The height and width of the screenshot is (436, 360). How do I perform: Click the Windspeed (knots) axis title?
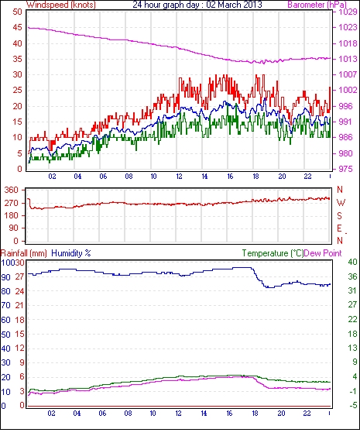pyautogui.click(x=61, y=5)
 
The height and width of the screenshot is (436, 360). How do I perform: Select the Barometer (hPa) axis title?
pyautogui.click(x=317, y=5)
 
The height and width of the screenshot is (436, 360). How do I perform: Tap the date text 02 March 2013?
pyautogui.click(x=234, y=5)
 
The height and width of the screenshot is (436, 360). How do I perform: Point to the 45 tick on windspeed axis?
pyautogui.click(x=17, y=28)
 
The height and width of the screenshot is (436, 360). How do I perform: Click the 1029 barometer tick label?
pyautogui.click(x=348, y=12)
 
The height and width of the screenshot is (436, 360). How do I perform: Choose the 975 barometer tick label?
pyautogui.click(x=345, y=169)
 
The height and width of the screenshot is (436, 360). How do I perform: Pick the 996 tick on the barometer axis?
pyautogui.click(x=345, y=106)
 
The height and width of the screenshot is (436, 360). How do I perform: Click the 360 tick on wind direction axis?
pyautogui.click(x=12, y=191)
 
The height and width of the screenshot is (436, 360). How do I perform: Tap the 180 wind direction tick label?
pyautogui.click(x=12, y=215)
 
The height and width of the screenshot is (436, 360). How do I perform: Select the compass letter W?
pyautogui.click(x=341, y=203)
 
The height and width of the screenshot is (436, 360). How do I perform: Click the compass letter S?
pyautogui.click(x=339, y=215)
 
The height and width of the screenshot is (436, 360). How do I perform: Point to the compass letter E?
pyautogui.click(x=339, y=228)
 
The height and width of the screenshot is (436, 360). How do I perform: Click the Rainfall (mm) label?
pyautogui.click(x=24, y=253)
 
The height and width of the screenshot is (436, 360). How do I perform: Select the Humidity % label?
pyautogui.click(x=71, y=253)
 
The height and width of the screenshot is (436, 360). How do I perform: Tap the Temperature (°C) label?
pyautogui.click(x=273, y=253)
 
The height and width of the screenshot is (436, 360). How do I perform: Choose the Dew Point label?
pyautogui.click(x=323, y=253)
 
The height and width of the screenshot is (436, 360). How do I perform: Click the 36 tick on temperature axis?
pyautogui.click(x=352, y=276)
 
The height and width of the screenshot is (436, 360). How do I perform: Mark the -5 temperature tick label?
pyautogui.click(x=352, y=405)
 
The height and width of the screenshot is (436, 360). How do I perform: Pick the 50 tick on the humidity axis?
pyautogui.click(x=6, y=335)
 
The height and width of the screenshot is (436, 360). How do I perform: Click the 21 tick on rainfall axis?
pyautogui.click(x=19, y=305)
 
